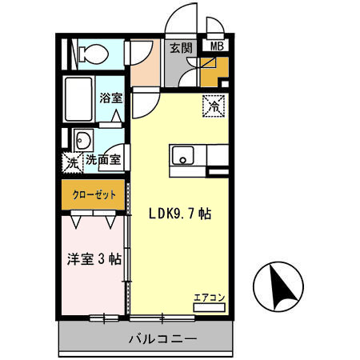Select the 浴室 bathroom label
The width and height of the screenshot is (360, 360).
(x=110, y=98)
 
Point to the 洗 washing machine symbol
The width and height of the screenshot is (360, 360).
(x=72, y=160)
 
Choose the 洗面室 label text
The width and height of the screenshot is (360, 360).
(x=103, y=160)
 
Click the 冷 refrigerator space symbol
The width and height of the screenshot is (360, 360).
(x=214, y=104)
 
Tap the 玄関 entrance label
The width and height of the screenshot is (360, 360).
(x=178, y=47)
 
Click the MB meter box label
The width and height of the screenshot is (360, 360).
(x=216, y=47)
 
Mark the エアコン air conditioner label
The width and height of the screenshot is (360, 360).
(x=209, y=298)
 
